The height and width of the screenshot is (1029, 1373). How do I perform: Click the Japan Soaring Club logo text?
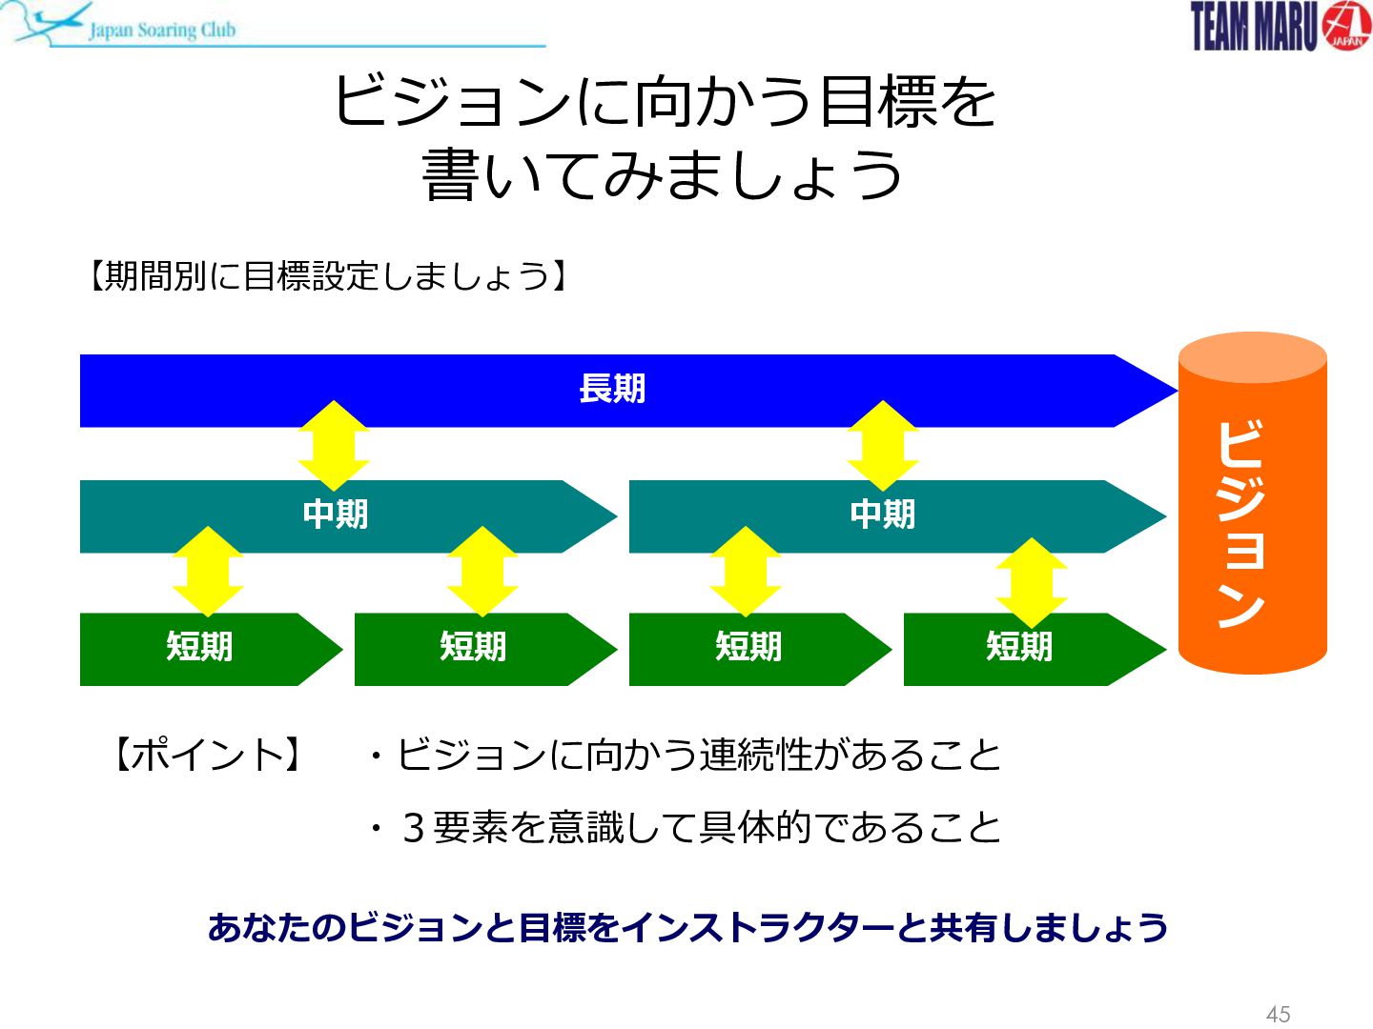[x=162, y=30]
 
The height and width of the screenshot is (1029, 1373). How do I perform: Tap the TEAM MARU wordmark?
[x=1254, y=27]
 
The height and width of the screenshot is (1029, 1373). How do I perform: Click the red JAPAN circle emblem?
[x=1345, y=26]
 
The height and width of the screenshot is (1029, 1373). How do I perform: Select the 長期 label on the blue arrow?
[x=612, y=389]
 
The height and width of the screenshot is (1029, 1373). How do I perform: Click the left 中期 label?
[x=336, y=514]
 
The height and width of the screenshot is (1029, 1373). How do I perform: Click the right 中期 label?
[x=883, y=514]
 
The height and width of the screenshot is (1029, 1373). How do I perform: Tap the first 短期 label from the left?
[x=199, y=646]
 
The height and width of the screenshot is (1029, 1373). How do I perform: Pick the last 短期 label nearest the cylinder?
[x=1019, y=646]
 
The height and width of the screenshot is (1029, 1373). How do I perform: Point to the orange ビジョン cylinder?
[x=1252, y=503]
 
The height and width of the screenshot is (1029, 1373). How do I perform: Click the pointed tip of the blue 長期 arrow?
[x=1178, y=391]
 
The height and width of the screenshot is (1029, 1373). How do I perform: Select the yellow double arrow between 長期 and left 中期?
[x=334, y=446]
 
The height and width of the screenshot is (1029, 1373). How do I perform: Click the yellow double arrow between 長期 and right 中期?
[x=883, y=446]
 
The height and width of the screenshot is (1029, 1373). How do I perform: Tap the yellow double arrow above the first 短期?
[x=208, y=572]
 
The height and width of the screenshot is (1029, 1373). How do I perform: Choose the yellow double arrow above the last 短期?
[x=1032, y=583]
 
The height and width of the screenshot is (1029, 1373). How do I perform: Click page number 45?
[x=1278, y=1014]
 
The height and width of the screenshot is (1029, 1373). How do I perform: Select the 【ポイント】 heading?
[x=208, y=754]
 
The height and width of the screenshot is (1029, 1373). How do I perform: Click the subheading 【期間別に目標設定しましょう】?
[x=328, y=275]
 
